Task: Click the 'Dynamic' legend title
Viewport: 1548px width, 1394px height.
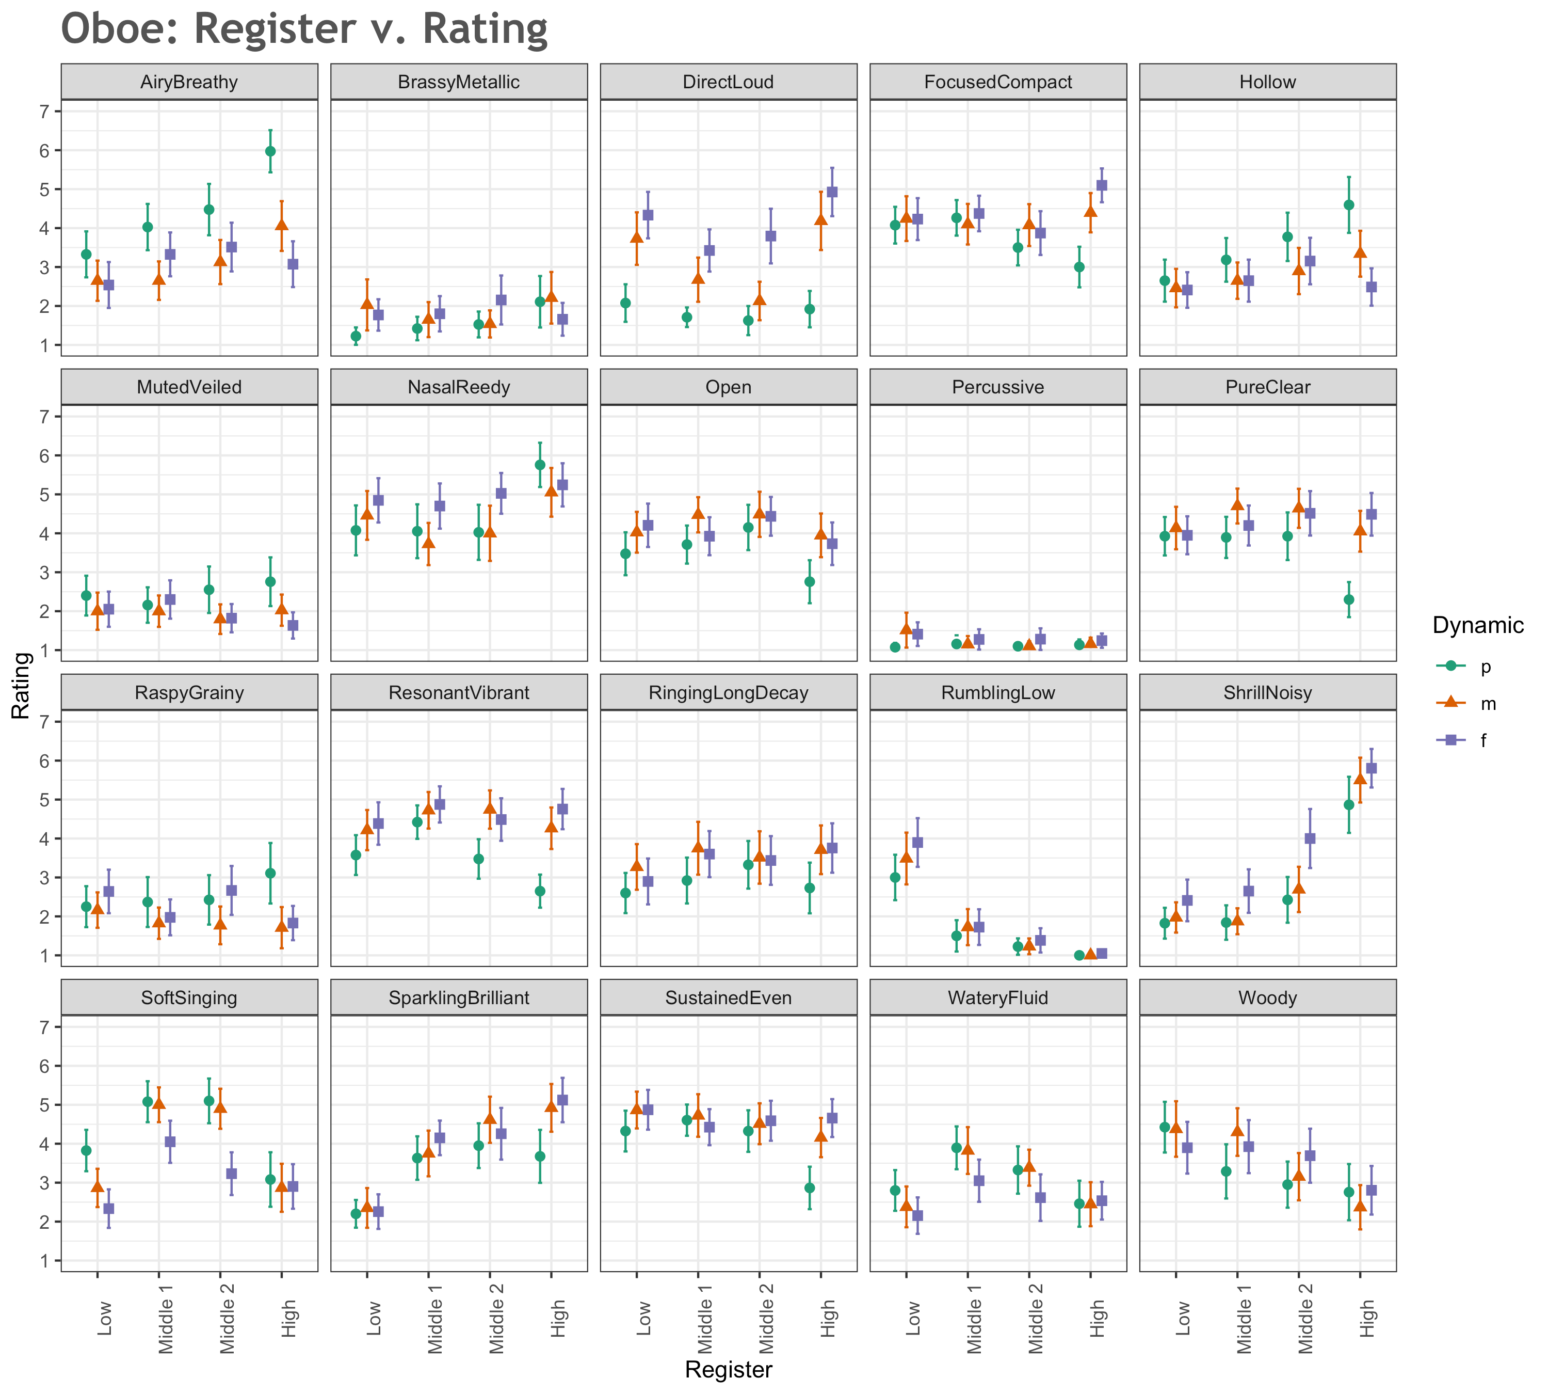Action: (1478, 625)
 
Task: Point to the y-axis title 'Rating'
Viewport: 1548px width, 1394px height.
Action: (21, 686)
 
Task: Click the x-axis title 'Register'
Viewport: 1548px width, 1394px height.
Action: (728, 1370)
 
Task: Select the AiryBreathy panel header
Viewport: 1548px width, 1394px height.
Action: (189, 82)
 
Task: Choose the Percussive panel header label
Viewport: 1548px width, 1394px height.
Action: (997, 387)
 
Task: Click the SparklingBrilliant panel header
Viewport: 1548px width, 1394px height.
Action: (459, 997)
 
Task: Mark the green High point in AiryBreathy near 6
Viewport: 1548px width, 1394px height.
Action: (270, 151)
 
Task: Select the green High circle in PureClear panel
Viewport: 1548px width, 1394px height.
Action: (1349, 600)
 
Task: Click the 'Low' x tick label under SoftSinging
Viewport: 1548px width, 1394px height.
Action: (104, 1318)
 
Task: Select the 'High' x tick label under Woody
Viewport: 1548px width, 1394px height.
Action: (1366, 1318)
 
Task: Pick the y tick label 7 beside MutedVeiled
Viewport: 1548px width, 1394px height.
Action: (44, 417)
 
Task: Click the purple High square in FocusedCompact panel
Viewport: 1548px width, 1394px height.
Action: (1102, 185)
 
